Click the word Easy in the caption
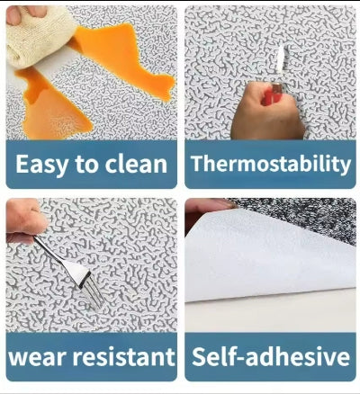point(42,165)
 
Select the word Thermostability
point(271,164)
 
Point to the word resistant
point(124,356)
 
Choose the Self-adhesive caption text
point(271,356)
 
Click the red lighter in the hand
point(273,94)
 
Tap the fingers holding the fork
point(24,220)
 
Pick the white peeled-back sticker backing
point(267,255)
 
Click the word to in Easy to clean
point(86,165)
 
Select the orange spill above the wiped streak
point(123,60)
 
